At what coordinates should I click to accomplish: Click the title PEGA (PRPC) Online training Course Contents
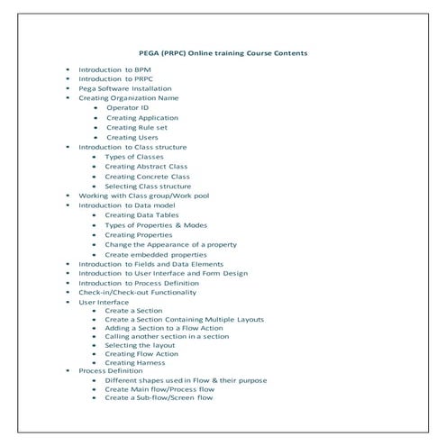[x=223, y=53]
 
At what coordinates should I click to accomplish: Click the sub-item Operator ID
[x=128, y=107]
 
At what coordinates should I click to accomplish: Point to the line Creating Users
[x=132, y=137]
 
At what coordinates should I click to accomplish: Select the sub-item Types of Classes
[x=134, y=157]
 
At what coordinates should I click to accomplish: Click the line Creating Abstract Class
[x=146, y=167]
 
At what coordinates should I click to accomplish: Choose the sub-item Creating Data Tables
[x=141, y=215]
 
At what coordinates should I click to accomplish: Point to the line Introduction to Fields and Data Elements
[x=150, y=264]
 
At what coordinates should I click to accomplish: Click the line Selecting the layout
[x=140, y=345]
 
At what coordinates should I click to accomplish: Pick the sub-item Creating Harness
[x=137, y=362]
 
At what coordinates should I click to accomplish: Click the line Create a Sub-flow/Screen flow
[x=159, y=397]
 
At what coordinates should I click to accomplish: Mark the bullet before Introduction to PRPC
[x=68, y=78]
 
